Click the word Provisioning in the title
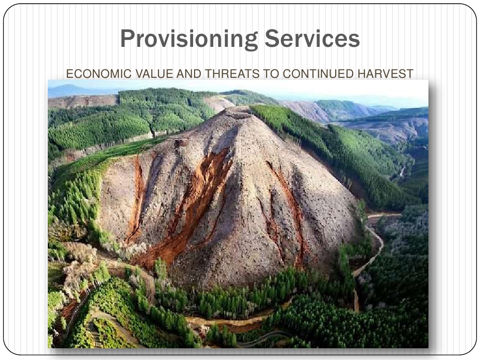(189, 39)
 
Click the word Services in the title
(312, 38)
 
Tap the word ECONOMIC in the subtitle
(99, 74)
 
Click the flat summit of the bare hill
(238, 112)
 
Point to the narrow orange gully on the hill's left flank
(136, 199)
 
